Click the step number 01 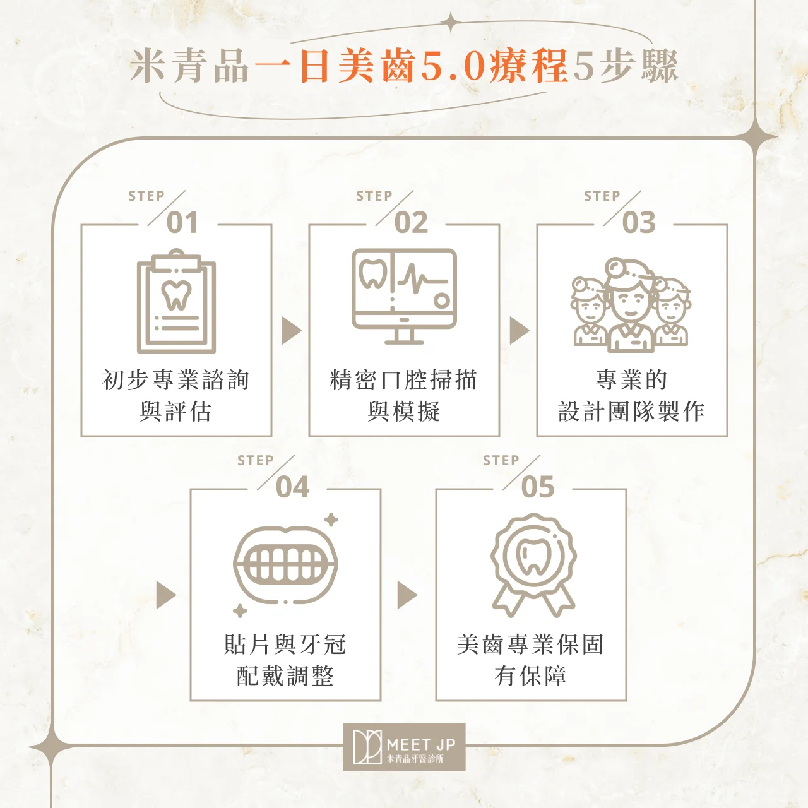tap(182, 222)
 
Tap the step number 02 tap(411, 222)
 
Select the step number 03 tap(639, 222)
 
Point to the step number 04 tap(292, 487)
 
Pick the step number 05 tap(538, 487)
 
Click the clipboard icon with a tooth tap(177, 301)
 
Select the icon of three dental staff tap(631, 305)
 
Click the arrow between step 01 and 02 tap(292, 331)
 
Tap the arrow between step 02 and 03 tap(520, 331)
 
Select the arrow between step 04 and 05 tap(407, 595)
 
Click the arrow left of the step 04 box tap(166, 595)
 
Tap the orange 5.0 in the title tap(453, 66)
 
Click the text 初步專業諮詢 tap(176, 380)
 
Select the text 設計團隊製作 tap(631, 411)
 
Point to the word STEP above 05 tap(501, 460)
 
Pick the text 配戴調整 tap(285, 675)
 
